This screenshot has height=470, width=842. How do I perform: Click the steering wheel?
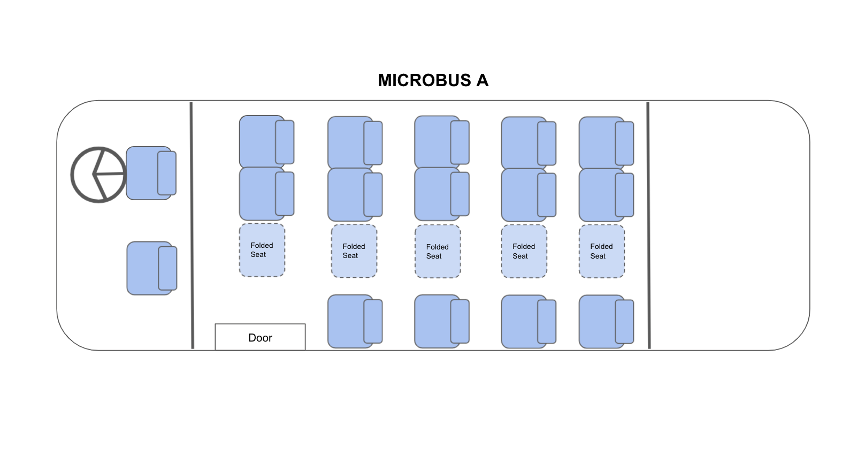[98, 175]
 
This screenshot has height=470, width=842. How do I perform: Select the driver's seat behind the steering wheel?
[144, 173]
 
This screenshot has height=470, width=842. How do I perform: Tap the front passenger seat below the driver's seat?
[146, 268]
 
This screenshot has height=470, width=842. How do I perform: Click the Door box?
[260, 337]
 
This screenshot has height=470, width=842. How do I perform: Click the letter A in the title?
[482, 80]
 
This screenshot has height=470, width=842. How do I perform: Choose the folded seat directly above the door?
[262, 250]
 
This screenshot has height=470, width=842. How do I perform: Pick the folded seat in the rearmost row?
[601, 251]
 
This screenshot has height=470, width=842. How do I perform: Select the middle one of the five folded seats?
[437, 251]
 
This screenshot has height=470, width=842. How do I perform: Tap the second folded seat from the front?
[354, 251]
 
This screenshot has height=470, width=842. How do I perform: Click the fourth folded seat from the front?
[524, 251]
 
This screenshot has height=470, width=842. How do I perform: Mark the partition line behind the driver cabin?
[192, 225]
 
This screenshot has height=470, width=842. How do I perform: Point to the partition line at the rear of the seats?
[648, 225]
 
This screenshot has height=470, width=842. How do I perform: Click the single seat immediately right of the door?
[350, 321]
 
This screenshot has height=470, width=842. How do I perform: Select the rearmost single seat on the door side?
[602, 321]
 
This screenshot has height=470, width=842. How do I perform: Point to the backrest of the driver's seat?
[166, 173]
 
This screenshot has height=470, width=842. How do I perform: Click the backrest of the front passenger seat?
[167, 268]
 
